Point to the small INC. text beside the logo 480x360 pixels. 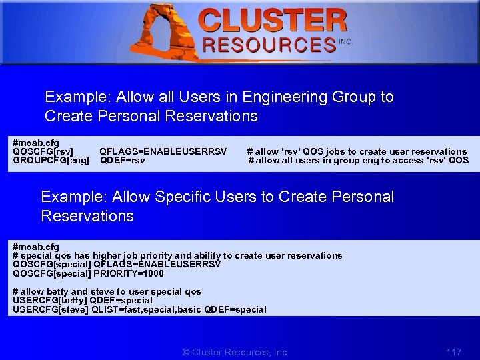345,41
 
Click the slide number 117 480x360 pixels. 453,352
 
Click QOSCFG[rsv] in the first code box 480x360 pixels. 43,151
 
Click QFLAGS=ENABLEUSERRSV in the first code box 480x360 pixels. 163,151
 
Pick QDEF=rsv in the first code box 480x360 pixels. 122,160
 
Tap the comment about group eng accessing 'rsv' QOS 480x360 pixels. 359,160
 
